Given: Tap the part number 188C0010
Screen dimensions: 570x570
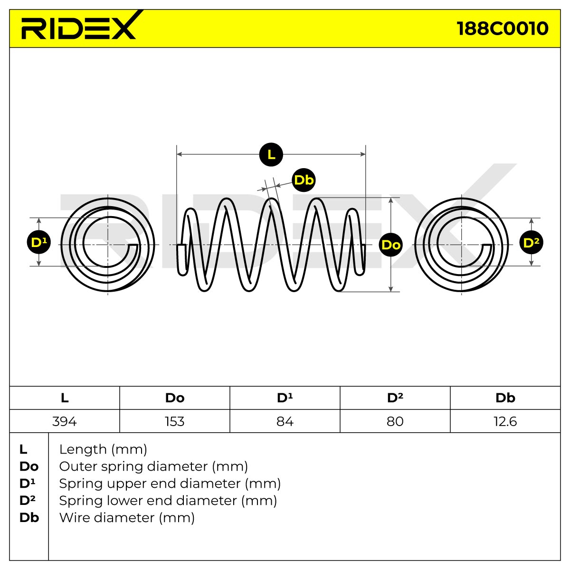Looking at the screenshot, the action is point(502,28).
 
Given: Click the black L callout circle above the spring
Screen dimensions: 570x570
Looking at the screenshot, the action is point(271,154).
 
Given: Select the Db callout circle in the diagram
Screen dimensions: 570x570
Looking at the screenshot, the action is point(304,180).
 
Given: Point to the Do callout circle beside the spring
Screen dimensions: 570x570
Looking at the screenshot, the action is point(391,245).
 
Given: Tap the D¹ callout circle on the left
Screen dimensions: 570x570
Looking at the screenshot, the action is point(39,243).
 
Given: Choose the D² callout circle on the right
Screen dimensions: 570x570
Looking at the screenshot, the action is point(531,243).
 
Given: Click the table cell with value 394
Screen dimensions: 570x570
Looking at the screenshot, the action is point(65,421).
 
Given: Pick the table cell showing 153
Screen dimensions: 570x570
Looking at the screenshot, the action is point(175,421).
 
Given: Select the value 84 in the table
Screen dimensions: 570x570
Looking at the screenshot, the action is point(285,421).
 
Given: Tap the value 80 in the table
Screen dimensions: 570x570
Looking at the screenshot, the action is point(395,421).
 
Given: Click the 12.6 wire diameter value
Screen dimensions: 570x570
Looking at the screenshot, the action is point(505,421).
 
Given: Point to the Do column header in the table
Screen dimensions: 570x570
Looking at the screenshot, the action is point(175,398).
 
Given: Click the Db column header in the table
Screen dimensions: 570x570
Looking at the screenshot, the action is point(505,398).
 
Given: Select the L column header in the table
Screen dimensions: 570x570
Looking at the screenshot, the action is point(65,398).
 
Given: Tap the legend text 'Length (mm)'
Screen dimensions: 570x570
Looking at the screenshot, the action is point(103,449).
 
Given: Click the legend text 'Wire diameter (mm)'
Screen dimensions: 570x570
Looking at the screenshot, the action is point(127,518).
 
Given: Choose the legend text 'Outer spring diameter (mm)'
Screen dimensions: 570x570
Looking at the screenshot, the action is point(153,466).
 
